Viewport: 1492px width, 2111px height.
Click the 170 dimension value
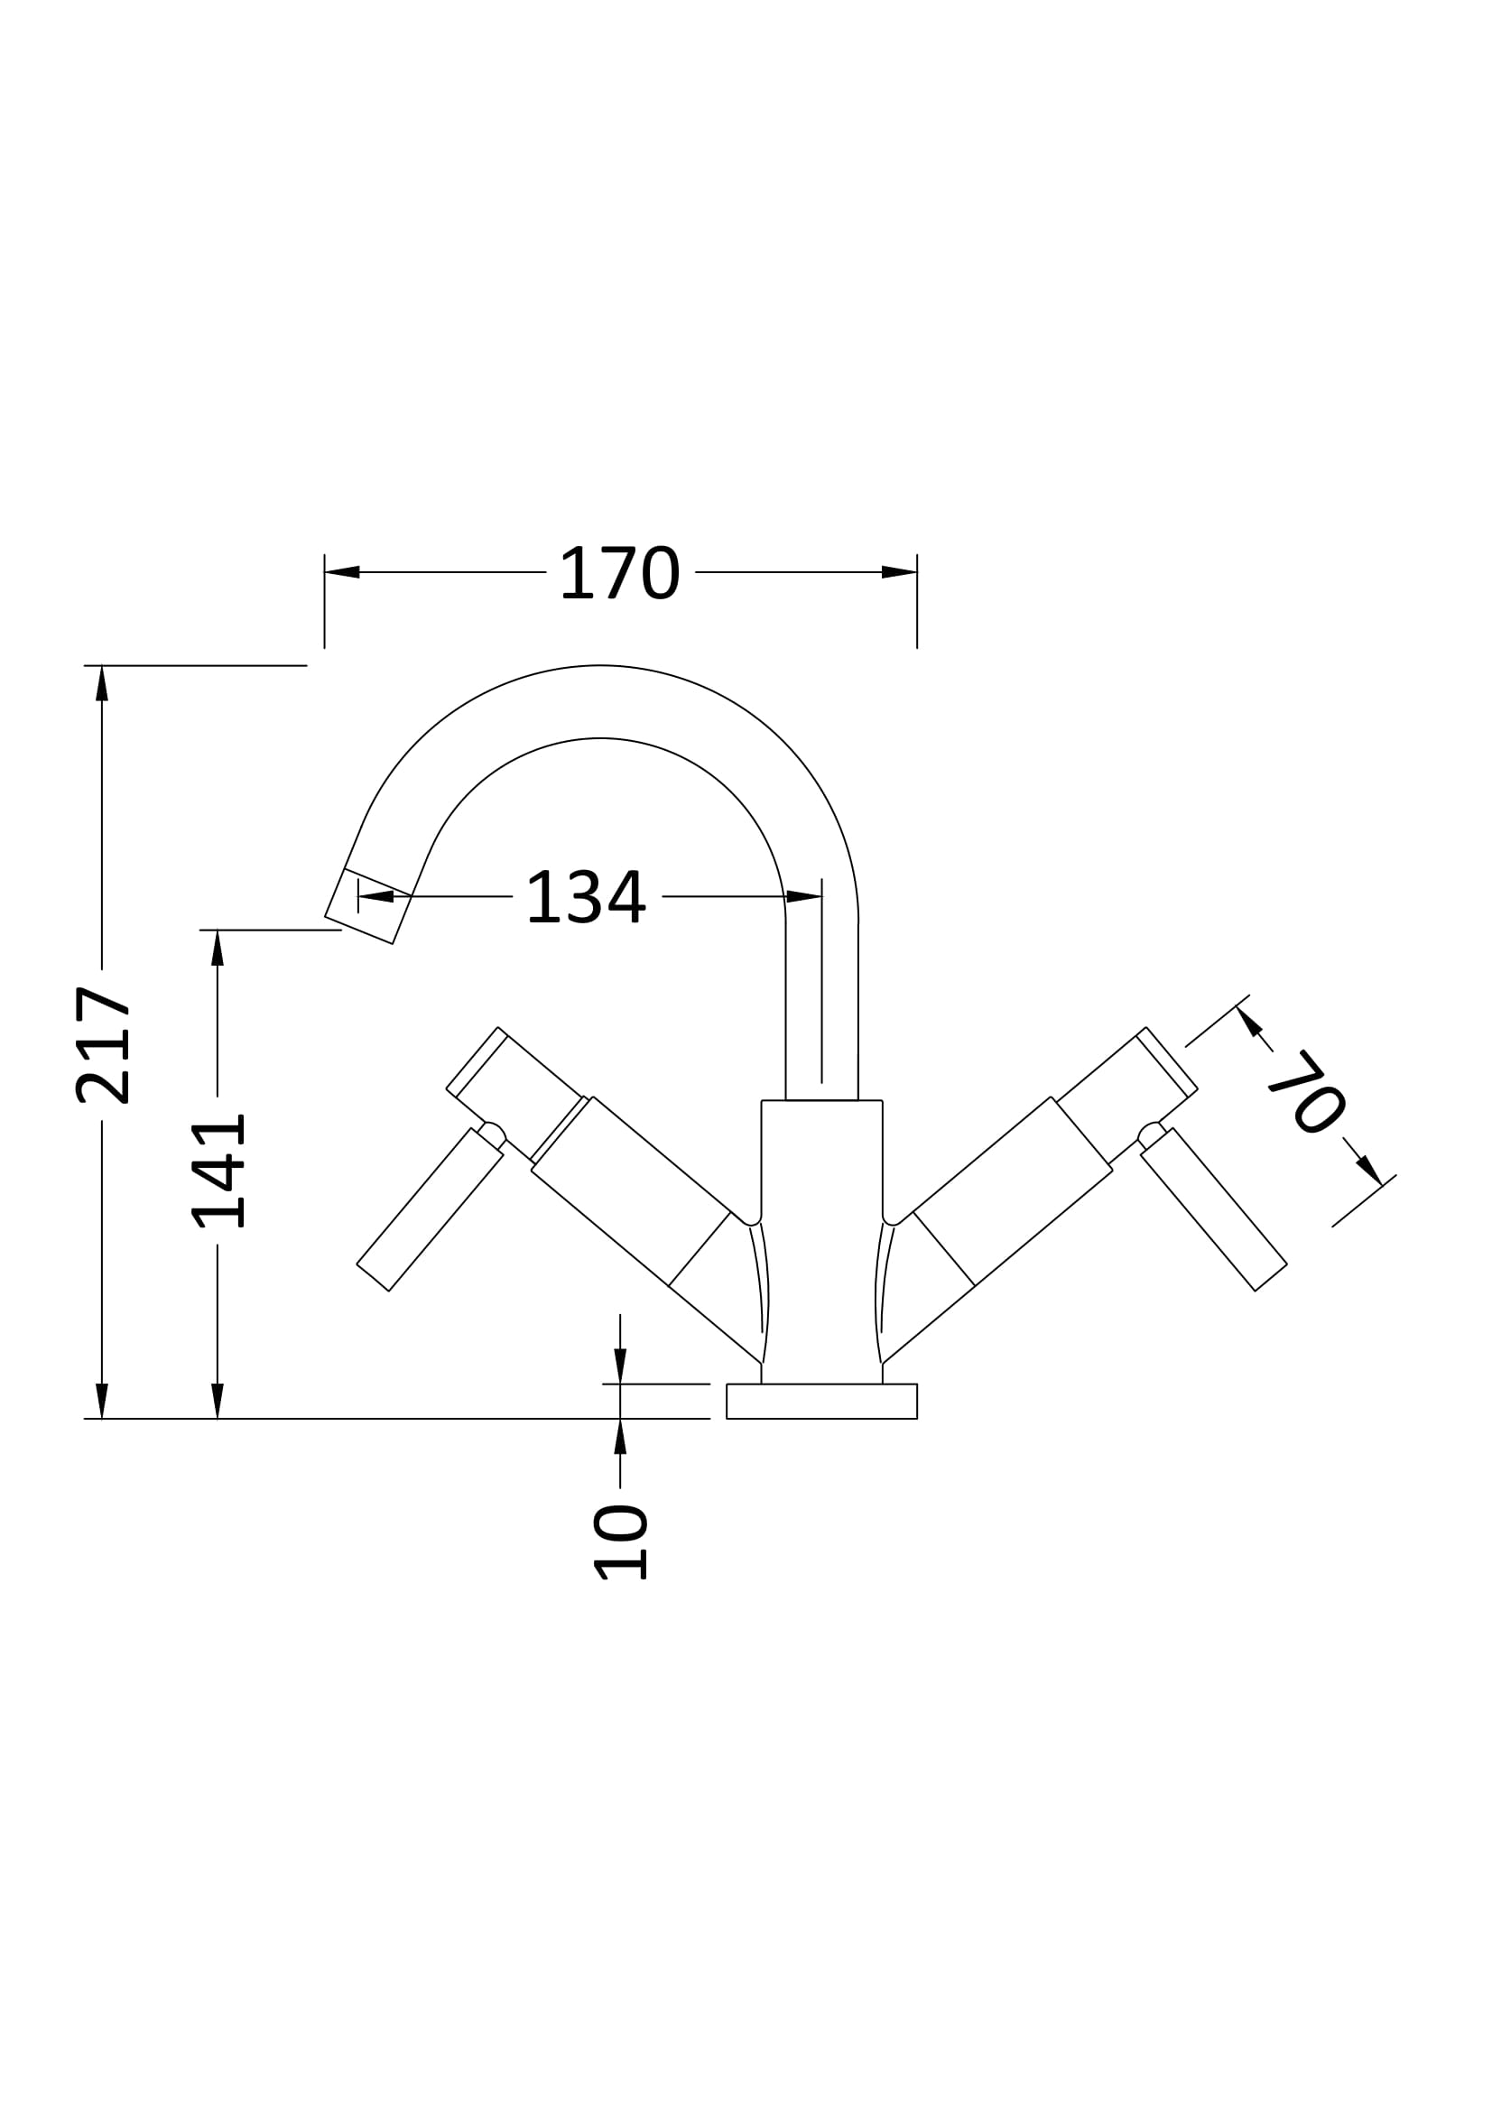pyautogui.click(x=619, y=573)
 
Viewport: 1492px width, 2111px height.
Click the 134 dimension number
pyautogui.click(x=587, y=896)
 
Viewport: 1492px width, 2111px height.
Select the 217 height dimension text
pyautogui.click(x=102, y=1045)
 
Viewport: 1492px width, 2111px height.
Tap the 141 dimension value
pyautogui.click(x=218, y=1171)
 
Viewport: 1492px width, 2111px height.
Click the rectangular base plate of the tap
pyautogui.click(x=821, y=1402)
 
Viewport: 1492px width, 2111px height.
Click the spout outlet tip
pyautogui.click(x=367, y=905)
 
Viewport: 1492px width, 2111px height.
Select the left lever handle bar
pyautogui.click(x=431, y=1209)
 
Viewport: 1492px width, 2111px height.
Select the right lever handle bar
pyautogui.click(x=1213, y=1209)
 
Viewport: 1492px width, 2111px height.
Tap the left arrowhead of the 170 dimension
pyautogui.click(x=342, y=572)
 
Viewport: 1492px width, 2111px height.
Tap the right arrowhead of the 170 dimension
pyautogui.click(x=899, y=572)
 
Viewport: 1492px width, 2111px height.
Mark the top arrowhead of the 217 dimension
pyautogui.click(x=102, y=683)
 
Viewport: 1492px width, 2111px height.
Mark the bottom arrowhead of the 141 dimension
pyautogui.click(x=218, y=1402)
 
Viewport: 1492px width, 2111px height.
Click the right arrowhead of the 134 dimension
pyautogui.click(x=804, y=896)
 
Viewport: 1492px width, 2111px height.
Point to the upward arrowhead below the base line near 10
pyautogui.click(x=620, y=1437)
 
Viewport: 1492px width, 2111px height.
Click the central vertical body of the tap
pyautogui.click(x=822, y=1241)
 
